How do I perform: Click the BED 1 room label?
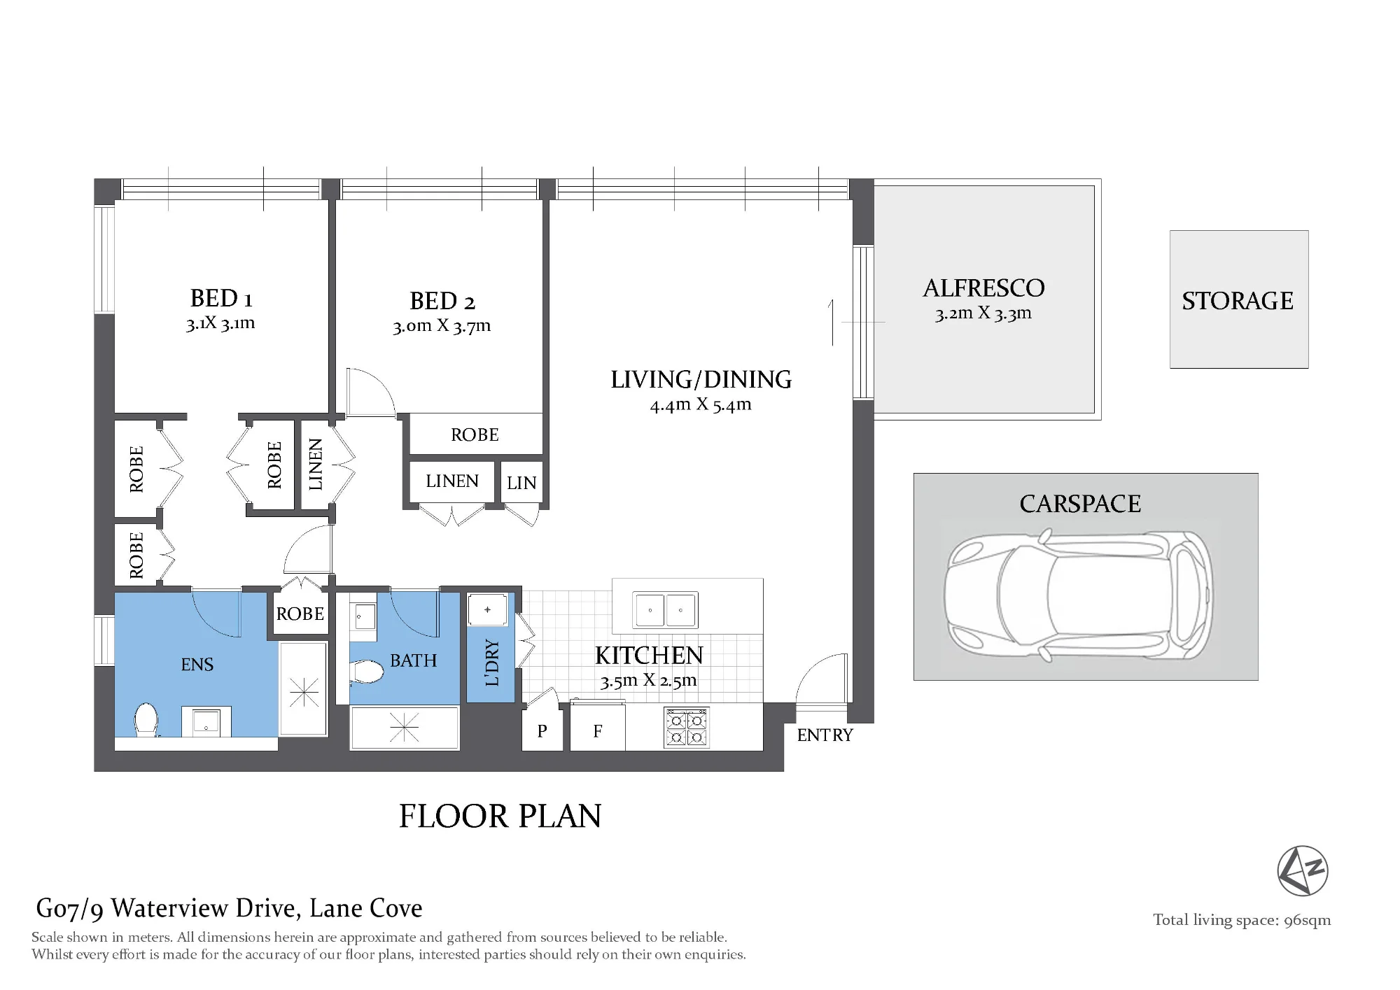pos(221,298)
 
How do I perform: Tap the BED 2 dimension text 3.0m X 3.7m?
pos(442,326)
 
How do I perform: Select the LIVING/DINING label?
pos(701,379)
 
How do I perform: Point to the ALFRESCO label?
pos(983,288)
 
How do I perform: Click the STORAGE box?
pos(1239,299)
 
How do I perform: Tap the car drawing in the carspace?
pos(1078,597)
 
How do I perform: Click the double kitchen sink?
pos(665,610)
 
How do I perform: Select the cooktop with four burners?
pos(687,728)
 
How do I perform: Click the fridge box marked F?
pos(598,727)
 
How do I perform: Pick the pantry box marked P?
pos(542,730)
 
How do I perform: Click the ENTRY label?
pos(825,735)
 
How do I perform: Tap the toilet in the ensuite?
pos(146,719)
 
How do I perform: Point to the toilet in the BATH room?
pos(367,672)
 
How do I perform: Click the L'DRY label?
pos(492,662)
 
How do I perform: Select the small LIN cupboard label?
pos(521,483)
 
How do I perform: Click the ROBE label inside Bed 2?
pos(475,435)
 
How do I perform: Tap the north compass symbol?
pos(1303,870)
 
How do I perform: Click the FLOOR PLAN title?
pos(500,816)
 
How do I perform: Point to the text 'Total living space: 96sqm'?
pos(1242,921)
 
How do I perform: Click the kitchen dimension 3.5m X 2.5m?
pos(649,681)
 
